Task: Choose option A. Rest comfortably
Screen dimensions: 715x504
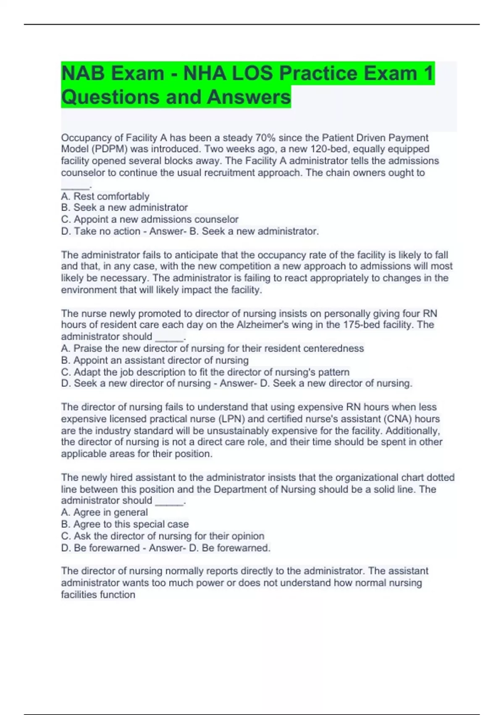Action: click(105, 196)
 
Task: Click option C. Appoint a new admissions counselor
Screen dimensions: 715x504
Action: click(150, 219)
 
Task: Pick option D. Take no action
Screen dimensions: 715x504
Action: click(101, 231)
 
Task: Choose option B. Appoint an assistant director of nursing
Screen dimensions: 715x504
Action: click(155, 360)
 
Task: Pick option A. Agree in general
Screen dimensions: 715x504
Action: click(104, 512)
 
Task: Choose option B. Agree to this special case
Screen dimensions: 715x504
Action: click(125, 524)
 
